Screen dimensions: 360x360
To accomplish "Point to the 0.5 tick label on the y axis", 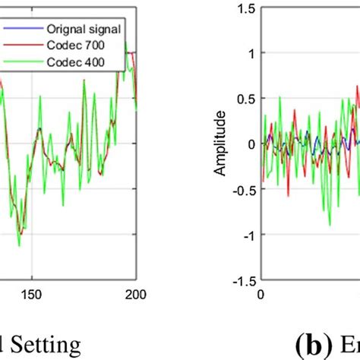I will pos(245,99).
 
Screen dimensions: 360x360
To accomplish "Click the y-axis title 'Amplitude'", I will pos(221,144).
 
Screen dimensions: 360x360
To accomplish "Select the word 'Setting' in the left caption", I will pos(48,346).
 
